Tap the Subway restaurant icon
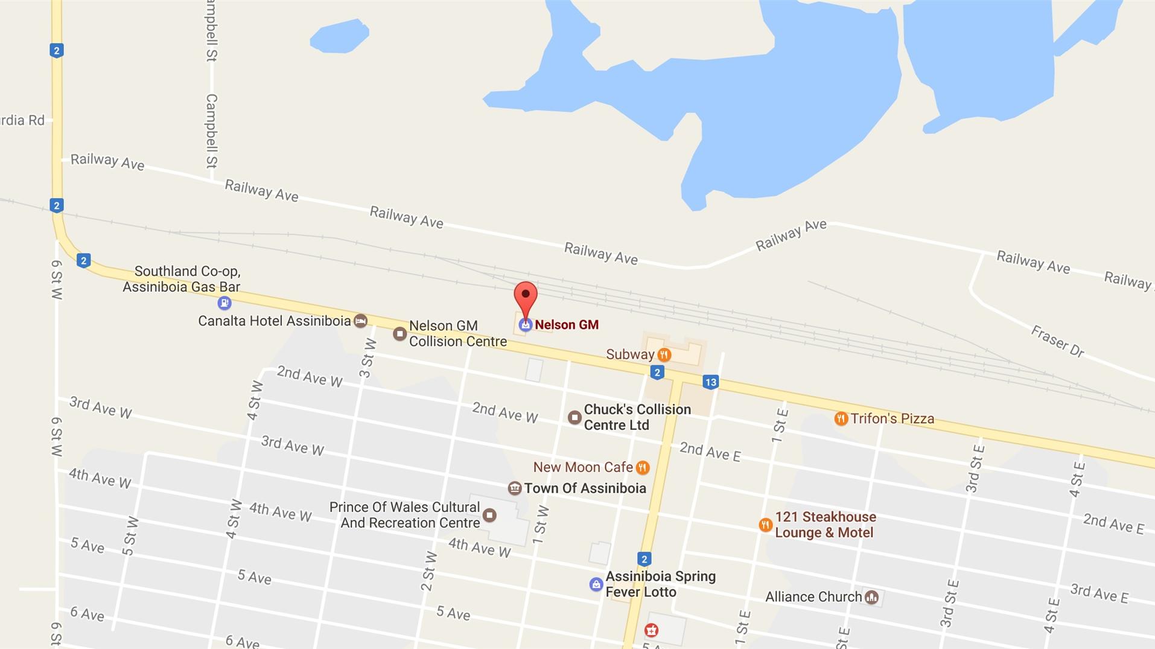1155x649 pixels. [664, 354]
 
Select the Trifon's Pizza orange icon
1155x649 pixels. [841, 418]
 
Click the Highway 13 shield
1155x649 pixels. [710, 382]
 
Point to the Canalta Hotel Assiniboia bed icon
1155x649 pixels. [360, 321]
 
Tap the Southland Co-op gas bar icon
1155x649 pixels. [224, 302]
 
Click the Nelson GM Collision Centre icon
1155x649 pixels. [399, 334]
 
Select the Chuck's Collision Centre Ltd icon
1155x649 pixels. [574, 417]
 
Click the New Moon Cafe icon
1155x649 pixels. [643, 467]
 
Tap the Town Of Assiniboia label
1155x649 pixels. [585, 488]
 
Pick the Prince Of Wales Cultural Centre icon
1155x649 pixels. [489, 515]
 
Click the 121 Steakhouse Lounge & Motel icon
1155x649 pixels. [765, 525]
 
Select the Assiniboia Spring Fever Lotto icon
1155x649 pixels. [596, 584]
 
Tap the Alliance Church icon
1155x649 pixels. [871, 597]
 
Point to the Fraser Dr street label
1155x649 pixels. [1057, 341]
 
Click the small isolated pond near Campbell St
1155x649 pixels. [339, 36]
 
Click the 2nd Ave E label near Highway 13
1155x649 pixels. [710, 452]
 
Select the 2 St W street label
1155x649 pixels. [428, 571]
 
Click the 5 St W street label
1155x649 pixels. [130, 536]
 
